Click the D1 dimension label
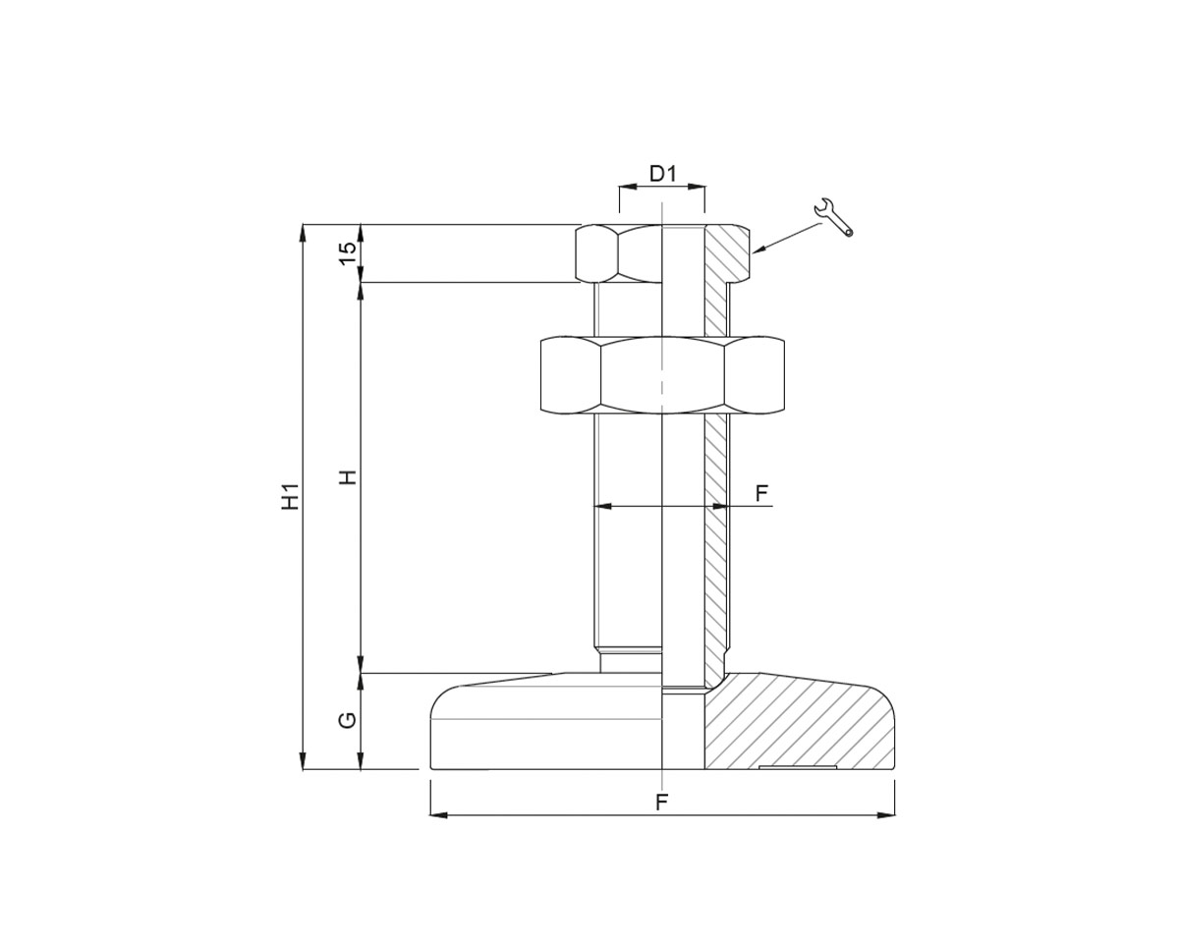point(663,174)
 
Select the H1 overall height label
point(290,496)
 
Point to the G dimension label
point(347,720)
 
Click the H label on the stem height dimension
point(348,477)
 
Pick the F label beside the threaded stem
point(761,494)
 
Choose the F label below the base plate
point(661,802)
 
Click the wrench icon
point(834,218)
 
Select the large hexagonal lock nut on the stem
point(661,374)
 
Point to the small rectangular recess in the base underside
point(797,766)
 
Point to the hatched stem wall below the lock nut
point(715,530)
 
